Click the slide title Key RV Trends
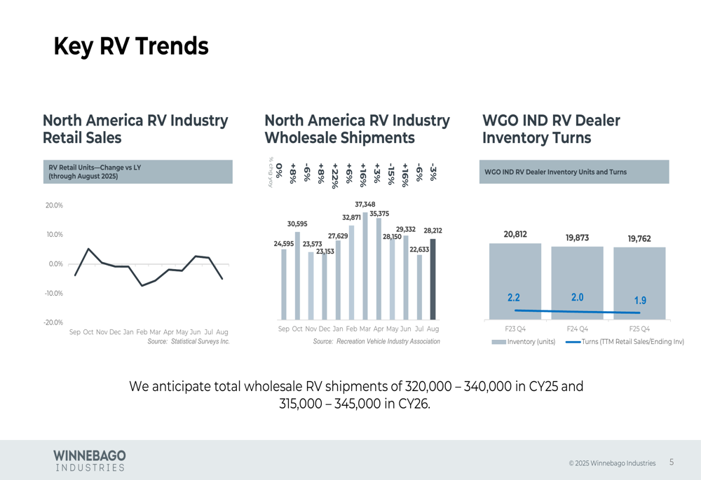coord(131,46)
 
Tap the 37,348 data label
coord(365,205)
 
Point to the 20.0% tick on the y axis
coord(54,205)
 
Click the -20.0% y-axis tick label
coord(53,322)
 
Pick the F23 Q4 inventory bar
coord(515,281)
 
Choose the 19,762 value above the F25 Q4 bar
coord(639,239)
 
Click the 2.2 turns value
coord(514,298)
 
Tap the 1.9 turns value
coord(640,300)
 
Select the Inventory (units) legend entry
coord(524,342)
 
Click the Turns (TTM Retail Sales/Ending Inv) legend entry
coord(624,342)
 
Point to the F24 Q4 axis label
coord(577,329)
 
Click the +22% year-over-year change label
coord(335,172)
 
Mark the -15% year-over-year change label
coord(391,172)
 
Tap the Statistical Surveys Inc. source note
coord(189,342)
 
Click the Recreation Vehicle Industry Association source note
coord(376,342)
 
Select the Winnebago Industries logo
coord(90,460)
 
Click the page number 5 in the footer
coord(672,462)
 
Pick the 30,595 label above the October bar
coord(297,224)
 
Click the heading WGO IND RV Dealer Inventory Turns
coord(551,129)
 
